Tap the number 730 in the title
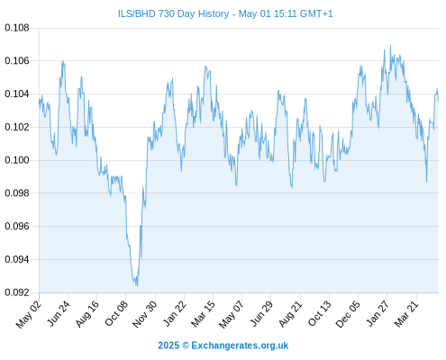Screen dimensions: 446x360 click(167, 13)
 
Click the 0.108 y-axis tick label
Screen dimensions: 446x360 click(17, 28)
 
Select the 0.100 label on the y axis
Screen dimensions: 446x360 click(17, 160)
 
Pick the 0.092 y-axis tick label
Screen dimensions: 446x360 click(17, 292)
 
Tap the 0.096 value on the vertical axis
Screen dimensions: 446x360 click(17, 226)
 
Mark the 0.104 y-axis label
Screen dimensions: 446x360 click(17, 94)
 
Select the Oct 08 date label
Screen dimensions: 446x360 click(116, 313)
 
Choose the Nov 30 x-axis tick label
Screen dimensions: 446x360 click(145, 314)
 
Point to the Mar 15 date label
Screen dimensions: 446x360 click(204, 314)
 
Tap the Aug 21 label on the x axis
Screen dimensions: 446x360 click(290, 314)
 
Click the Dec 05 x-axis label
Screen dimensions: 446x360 click(348, 314)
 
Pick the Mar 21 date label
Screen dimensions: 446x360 click(406, 314)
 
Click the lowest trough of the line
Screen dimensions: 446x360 click(137, 285)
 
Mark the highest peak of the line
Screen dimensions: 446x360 click(390, 46)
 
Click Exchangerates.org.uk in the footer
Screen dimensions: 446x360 click(240, 346)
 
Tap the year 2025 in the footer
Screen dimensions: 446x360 click(168, 346)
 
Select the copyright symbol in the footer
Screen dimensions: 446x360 click(186, 346)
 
